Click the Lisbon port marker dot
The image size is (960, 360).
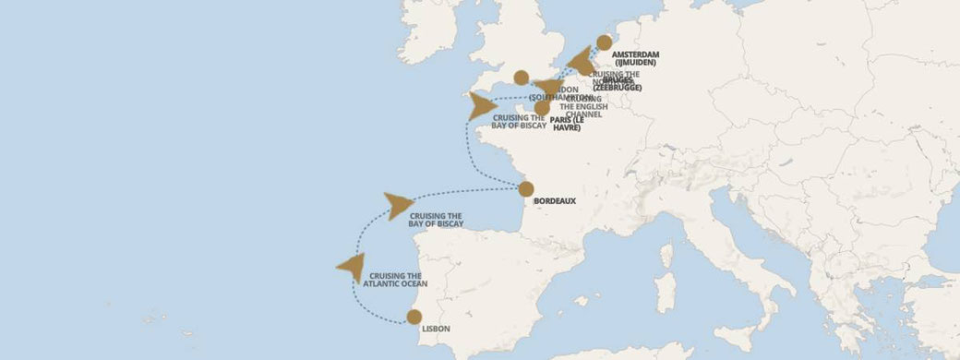(x=414, y=317)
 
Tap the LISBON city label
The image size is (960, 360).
(x=435, y=327)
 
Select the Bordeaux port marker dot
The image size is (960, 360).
(x=526, y=189)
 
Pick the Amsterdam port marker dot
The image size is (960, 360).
(x=604, y=42)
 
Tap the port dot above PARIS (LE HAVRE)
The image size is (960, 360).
(x=542, y=108)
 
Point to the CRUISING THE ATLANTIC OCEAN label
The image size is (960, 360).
(x=395, y=280)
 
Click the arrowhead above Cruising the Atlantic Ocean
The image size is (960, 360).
(x=351, y=266)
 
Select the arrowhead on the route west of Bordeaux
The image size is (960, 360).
(x=399, y=205)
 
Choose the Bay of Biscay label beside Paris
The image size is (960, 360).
(x=520, y=122)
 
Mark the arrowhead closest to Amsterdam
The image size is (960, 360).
(x=581, y=63)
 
